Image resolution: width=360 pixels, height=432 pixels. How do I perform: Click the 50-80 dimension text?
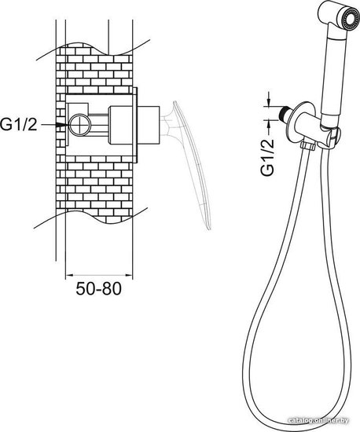(x=99, y=289)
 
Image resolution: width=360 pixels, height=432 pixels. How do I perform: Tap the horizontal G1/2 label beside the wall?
(x=18, y=125)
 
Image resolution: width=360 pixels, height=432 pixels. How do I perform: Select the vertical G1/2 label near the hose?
(x=268, y=157)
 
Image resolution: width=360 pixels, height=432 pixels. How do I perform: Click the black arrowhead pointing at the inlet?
(x=61, y=125)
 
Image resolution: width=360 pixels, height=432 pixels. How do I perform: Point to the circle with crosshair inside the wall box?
(x=79, y=125)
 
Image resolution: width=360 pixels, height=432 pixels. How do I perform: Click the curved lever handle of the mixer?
(x=193, y=163)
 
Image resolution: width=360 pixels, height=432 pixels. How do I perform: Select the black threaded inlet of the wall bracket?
(x=284, y=112)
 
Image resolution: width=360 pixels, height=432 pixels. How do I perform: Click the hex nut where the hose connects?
(x=309, y=145)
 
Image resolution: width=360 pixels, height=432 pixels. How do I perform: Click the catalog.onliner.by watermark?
(x=318, y=421)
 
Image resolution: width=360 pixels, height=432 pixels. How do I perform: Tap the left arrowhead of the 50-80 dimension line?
(x=69, y=275)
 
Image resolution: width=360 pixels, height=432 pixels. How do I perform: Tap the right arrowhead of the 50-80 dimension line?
(x=129, y=275)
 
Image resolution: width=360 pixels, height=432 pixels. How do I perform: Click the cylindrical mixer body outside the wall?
(x=149, y=125)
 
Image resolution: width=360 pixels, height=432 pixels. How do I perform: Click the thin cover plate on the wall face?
(x=135, y=126)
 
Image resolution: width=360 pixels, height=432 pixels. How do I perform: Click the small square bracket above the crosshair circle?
(x=79, y=109)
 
